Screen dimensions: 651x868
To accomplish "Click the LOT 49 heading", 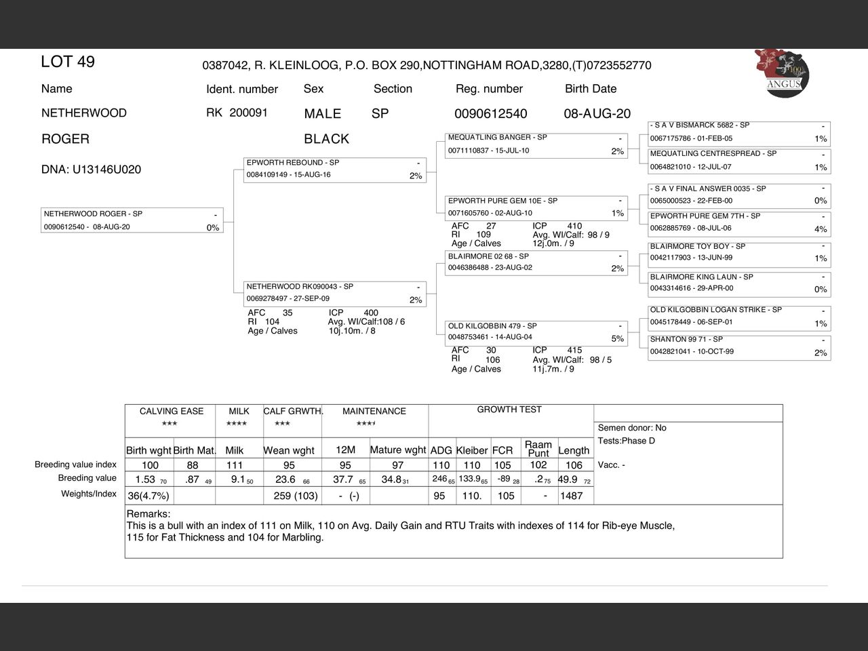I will tap(68, 62).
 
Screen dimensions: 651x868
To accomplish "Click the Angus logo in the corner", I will tap(783, 73).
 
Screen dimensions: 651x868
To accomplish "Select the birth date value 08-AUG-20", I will tap(597, 114).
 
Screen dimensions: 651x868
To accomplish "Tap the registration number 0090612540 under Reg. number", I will tap(490, 114).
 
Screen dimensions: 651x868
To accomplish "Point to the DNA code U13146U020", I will tap(91, 170).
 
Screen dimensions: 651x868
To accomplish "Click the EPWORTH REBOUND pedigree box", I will tap(335, 170).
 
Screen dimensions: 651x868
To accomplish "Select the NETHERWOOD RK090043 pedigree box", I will tap(335, 294).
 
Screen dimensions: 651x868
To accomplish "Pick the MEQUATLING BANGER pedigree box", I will tap(536, 144).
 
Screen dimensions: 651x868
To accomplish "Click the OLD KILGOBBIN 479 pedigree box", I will tap(536, 332).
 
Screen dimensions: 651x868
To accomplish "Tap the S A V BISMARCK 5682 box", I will tap(739, 132).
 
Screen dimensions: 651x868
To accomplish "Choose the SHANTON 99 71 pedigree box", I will tap(739, 346).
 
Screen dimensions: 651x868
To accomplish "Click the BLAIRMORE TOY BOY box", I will tap(739, 252).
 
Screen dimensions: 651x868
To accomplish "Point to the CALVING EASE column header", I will tap(171, 411).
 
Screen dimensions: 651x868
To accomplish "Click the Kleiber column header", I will tap(472, 450).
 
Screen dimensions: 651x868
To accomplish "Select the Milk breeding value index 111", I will tap(235, 465).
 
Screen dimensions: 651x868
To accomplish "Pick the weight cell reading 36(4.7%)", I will tap(149, 496).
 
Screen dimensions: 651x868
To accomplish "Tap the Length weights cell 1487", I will tap(571, 496).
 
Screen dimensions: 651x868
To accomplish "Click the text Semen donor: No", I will tap(632, 428).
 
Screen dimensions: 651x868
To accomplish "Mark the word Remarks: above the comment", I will tap(149, 514).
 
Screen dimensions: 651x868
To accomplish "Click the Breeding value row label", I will tap(87, 478).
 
